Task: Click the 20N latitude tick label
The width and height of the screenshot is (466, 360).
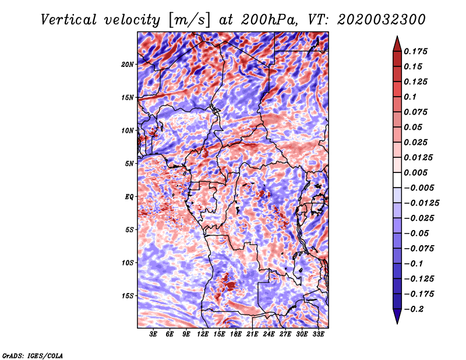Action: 128,65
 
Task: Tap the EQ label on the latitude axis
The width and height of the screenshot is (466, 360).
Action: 129,197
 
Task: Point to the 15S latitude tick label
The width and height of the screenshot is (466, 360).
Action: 128,296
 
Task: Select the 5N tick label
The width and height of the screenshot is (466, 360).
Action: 129,164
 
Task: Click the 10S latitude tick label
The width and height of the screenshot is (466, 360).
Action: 128,263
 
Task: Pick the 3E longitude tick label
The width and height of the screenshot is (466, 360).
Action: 153,334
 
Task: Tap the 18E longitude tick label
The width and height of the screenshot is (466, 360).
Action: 236,334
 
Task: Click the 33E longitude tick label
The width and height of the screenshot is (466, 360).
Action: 318,334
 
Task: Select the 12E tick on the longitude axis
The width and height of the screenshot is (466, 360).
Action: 203,334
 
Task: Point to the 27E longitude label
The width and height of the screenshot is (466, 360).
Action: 285,334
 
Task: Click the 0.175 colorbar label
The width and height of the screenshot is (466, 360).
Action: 415,51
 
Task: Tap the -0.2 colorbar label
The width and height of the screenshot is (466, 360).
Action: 414,309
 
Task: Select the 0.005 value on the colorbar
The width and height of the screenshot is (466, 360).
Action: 415,172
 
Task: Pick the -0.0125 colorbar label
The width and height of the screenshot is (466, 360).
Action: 421,203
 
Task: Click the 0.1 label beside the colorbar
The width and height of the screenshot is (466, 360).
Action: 410,97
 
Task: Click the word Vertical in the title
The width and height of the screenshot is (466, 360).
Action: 69,20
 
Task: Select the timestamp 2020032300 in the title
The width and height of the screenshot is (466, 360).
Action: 382,20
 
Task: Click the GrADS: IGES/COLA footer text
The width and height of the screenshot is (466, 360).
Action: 33,355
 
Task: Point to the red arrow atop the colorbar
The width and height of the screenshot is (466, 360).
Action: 397,44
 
